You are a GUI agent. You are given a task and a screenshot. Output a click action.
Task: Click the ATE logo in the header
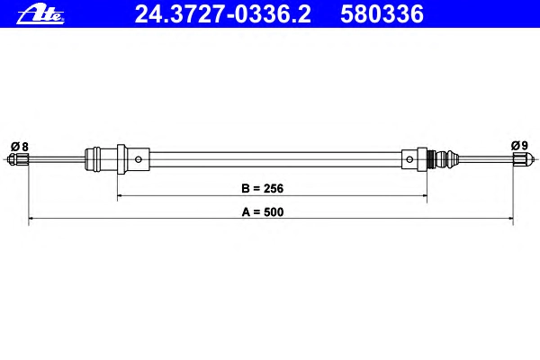pyautogui.click(x=40, y=15)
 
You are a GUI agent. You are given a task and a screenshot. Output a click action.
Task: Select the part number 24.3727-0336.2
pyautogui.click(x=222, y=14)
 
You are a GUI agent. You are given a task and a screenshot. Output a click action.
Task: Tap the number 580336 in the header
pyautogui.click(x=382, y=14)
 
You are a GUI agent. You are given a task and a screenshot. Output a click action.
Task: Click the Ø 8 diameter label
pyautogui.click(x=19, y=147)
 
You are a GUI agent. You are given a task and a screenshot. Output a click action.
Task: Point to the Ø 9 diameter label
pyautogui.click(x=519, y=146)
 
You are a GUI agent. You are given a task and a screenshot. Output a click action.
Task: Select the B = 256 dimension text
pyautogui.click(x=263, y=188)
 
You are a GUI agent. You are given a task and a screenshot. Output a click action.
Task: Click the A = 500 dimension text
pyautogui.click(x=263, y=211)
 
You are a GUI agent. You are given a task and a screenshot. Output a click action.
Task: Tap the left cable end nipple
pyautogui.click(x=18, y=159)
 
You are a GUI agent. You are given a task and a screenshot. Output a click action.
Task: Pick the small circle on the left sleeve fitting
pyautogui.click(x=139, y=159)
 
